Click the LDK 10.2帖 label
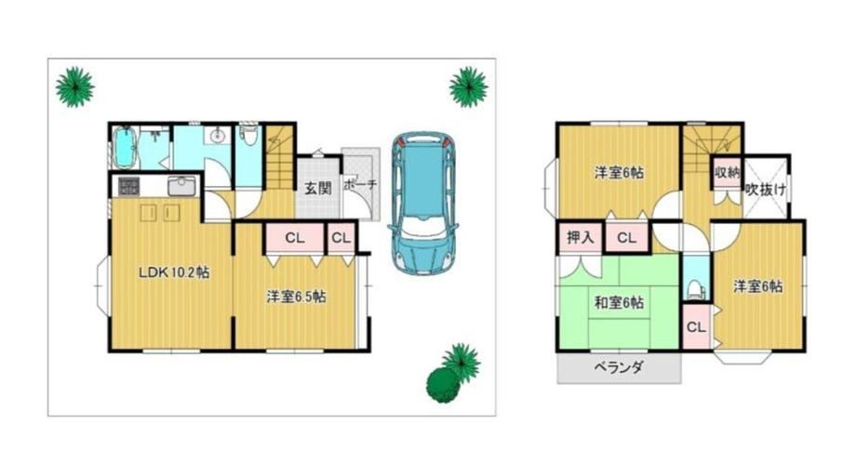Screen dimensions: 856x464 click(x=174, y=272)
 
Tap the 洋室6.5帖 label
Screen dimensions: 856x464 click(x=297, y=297)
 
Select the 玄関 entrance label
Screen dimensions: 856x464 click(x=317, y=189)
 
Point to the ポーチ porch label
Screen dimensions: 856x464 click(x=360, y=184)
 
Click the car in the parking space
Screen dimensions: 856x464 click(x=423, y=202)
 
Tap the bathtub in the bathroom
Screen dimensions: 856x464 click(x=124, y=148)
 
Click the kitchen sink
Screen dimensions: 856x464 click(x=181, y=186)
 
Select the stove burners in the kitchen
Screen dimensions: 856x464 click(x=128, y=186)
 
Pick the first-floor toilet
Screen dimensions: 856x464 click(x=249, y=135)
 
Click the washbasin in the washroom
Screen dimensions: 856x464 click(x=218, y=135)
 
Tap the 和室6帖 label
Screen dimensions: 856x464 click(x=619, y=302)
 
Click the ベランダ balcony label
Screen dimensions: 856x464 click(x=619, y=367)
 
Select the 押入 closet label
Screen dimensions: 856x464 click(x=581, y=237)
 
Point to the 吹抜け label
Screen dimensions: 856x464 click(x=766, y=190)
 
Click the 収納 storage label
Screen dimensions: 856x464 click(x=728, y=173)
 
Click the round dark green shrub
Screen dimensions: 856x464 click(x=443, y=385)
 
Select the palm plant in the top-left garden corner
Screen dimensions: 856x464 click(x=74, y=86)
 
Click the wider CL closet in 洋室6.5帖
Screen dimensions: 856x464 click(x=295, y=238)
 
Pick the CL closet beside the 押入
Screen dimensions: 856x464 click(x=627, y=238)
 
